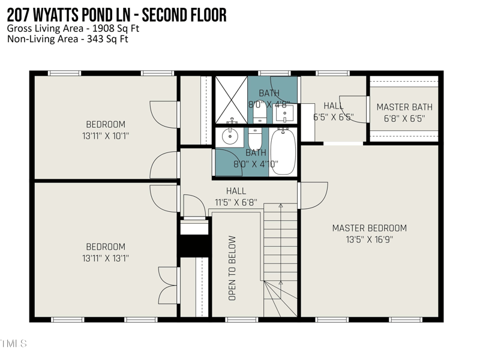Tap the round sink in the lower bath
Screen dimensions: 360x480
point(230,136)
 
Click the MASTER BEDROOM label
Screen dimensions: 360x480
point(369,228)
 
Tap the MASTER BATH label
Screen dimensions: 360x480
point(404,107)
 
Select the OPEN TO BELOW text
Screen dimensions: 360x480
point(232,268)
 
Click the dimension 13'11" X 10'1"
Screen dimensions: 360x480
point(106,136)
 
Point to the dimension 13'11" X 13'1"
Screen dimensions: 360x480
point(106,258)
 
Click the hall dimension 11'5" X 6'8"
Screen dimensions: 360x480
point(236,202)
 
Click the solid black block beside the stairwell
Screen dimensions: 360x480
point(194,245)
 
